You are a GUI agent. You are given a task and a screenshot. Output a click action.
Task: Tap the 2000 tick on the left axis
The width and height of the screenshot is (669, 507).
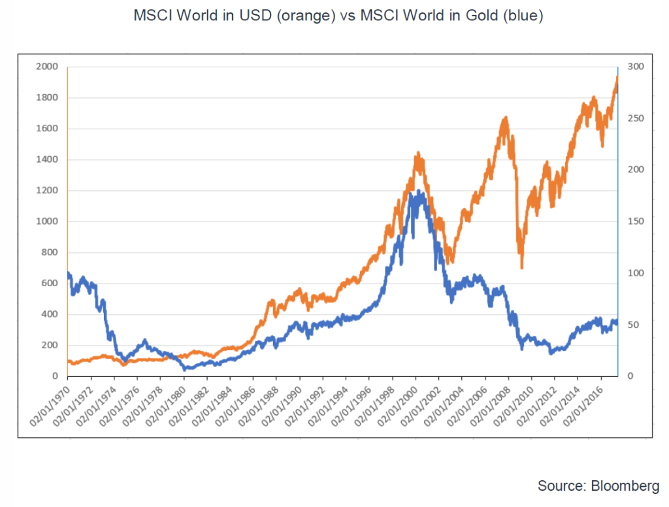[49, 67]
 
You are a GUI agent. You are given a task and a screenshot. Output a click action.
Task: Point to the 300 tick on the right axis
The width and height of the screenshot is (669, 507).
[633, 67]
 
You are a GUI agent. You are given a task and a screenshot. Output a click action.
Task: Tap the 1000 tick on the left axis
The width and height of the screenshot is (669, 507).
[49, 221]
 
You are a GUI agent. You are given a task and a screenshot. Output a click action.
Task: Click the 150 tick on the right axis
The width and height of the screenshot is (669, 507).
[633, 221]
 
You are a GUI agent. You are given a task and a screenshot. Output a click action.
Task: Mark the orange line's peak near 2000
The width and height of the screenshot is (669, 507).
[417, 154]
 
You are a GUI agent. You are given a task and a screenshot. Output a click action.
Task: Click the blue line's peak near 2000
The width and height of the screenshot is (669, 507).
[416, 191]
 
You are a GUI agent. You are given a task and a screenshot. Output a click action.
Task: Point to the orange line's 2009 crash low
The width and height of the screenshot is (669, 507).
[521, 267]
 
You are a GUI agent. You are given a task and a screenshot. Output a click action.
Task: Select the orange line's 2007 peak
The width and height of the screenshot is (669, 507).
[505, 118]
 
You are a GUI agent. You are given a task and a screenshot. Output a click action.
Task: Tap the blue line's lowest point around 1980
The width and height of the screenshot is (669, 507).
[186, 369]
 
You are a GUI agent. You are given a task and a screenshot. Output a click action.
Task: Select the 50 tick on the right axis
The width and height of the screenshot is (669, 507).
[630, 325]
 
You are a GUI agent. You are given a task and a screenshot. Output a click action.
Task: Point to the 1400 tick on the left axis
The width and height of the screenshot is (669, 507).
[49, 159]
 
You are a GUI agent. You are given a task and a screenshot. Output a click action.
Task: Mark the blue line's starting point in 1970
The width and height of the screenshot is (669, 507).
[68, 273]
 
